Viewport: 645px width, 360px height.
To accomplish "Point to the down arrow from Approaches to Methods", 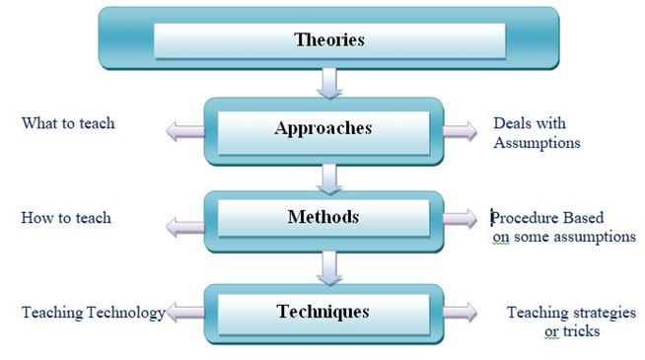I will coord(329,177).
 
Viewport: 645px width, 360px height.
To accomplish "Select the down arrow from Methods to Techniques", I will coord(329,266).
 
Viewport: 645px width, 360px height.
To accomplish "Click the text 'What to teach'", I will coord(68,124).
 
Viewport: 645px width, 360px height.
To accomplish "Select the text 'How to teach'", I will coord(66,217).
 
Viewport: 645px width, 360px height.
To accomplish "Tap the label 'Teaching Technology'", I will coord(93,313).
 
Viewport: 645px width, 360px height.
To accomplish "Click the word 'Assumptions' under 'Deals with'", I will coord(536,143).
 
